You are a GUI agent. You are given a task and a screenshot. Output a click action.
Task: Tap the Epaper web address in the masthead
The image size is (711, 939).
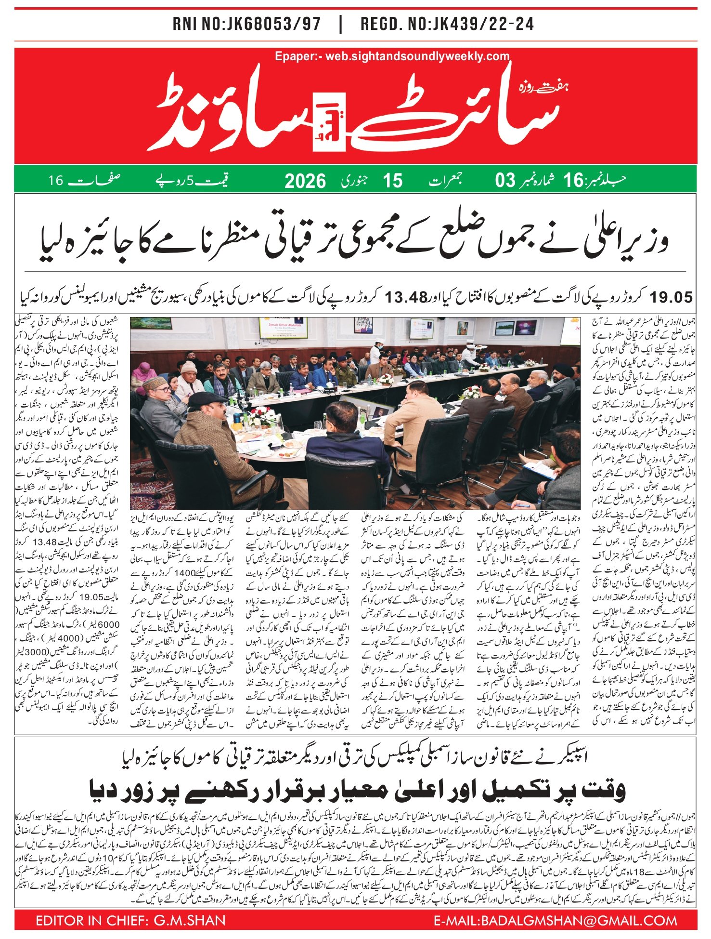[392, 56]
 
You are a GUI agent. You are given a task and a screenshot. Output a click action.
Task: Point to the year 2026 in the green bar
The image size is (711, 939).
[305, 181]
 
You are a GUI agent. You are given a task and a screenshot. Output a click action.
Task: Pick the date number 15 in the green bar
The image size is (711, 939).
[392, 181]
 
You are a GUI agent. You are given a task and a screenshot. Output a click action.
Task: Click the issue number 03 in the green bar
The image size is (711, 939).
[505, 181]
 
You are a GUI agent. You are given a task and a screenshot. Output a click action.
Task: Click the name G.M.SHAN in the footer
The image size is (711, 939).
[189, 921]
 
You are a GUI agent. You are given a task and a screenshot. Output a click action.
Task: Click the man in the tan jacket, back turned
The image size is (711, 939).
[414, 419]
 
